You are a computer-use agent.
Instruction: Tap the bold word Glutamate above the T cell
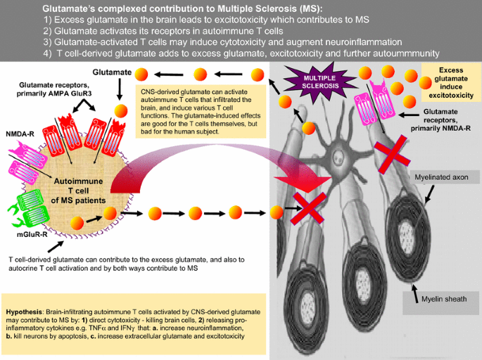(x=112, y=72)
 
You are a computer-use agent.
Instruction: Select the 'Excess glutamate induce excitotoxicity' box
(x=450, y=82)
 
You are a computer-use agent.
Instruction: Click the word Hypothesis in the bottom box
(x=25, y=310)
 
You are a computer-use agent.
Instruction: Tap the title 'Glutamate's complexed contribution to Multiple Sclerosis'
(x=182, y=8)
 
